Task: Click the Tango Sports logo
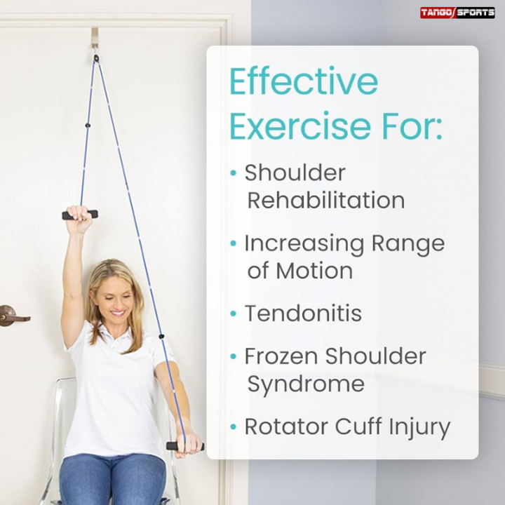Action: point(457,13)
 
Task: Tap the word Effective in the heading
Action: point(304,83)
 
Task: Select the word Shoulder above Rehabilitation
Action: point(295,173)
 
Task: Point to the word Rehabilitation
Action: point(325,201)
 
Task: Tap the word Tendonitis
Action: point(303,314)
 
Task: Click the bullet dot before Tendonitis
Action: point(234,314)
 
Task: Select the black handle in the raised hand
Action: point(79,215)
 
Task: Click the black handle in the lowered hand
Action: point(183,445)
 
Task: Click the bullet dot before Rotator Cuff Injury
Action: point(234,426)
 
